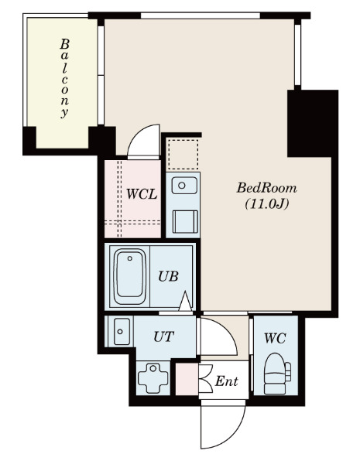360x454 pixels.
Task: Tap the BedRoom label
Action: click(x=266, y=188)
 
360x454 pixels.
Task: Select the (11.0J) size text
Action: click(x=266, y=205)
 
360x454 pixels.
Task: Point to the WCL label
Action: click(x=142, y=193)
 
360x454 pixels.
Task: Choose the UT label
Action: click(x=163, y=336)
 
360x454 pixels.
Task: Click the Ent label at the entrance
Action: click(x=225, y=381)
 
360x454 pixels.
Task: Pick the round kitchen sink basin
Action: click(x=183, y=186)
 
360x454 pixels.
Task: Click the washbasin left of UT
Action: click(x=121, y=332)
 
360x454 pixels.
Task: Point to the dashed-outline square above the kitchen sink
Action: click(x=183, y=153)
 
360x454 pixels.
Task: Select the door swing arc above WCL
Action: click(x=144, y=142)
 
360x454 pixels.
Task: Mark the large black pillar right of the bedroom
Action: click(x=312, y=122)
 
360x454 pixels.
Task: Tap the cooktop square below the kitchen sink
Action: click(x=184, y=221)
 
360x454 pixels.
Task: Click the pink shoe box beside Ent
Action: click(x=187, y=381)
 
